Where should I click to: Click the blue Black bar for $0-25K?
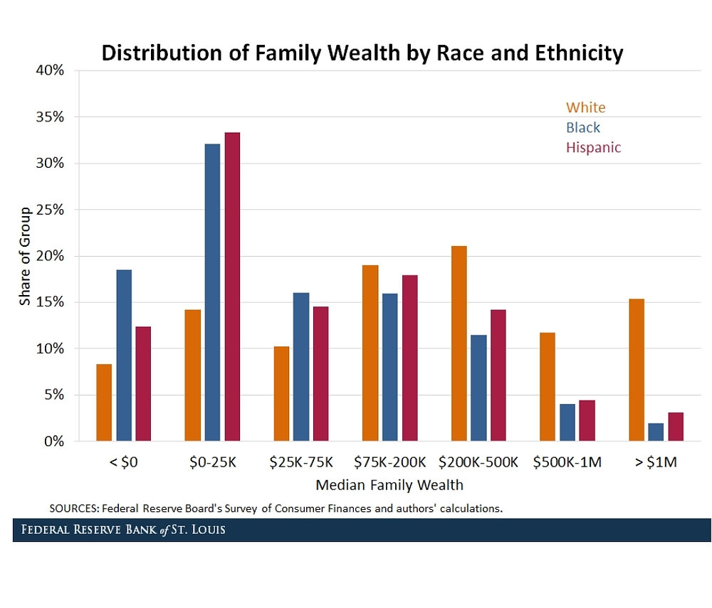tap(212, 292)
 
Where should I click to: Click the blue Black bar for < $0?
tap(124, 355)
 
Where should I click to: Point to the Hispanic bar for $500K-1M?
tap(587, 420)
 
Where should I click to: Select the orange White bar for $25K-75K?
tap(281, 393)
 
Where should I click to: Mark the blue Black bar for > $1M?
tap(656, 432)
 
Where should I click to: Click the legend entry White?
tap(585, 108)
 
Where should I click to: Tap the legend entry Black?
tap(583, 128)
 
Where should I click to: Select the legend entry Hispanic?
tap(593, 148)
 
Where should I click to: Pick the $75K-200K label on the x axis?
tap(389, 462)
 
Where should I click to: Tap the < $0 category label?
tap(123, 462)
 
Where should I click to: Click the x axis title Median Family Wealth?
tap(389, 486)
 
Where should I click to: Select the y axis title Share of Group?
tap(25, 256)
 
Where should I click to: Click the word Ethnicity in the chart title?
tap(565, 53)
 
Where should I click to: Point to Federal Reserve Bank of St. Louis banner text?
tap(123, 530)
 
